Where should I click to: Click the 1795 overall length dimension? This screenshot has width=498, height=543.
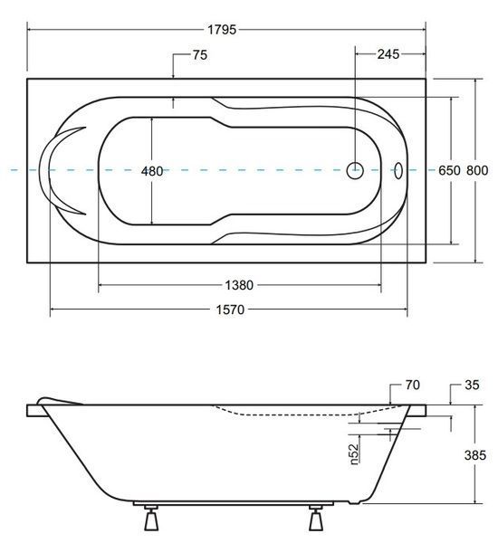(x=222, y=30)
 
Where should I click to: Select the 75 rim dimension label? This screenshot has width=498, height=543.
(x=200, y=54)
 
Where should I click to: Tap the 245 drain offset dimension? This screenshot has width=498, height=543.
(x=388, y=54)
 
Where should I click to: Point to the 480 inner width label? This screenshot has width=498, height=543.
(x=152, y=171)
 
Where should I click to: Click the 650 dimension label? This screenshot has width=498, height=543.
(x=449, y=170)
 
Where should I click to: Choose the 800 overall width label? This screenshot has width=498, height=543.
(x=477, y=170)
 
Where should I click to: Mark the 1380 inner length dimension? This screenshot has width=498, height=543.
(x=239, y=285)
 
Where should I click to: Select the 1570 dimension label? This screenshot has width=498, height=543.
(x=230, y=310)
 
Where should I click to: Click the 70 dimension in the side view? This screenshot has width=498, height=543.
(x=412, y=385)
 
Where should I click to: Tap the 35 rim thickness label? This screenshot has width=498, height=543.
(x=472, y=385)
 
